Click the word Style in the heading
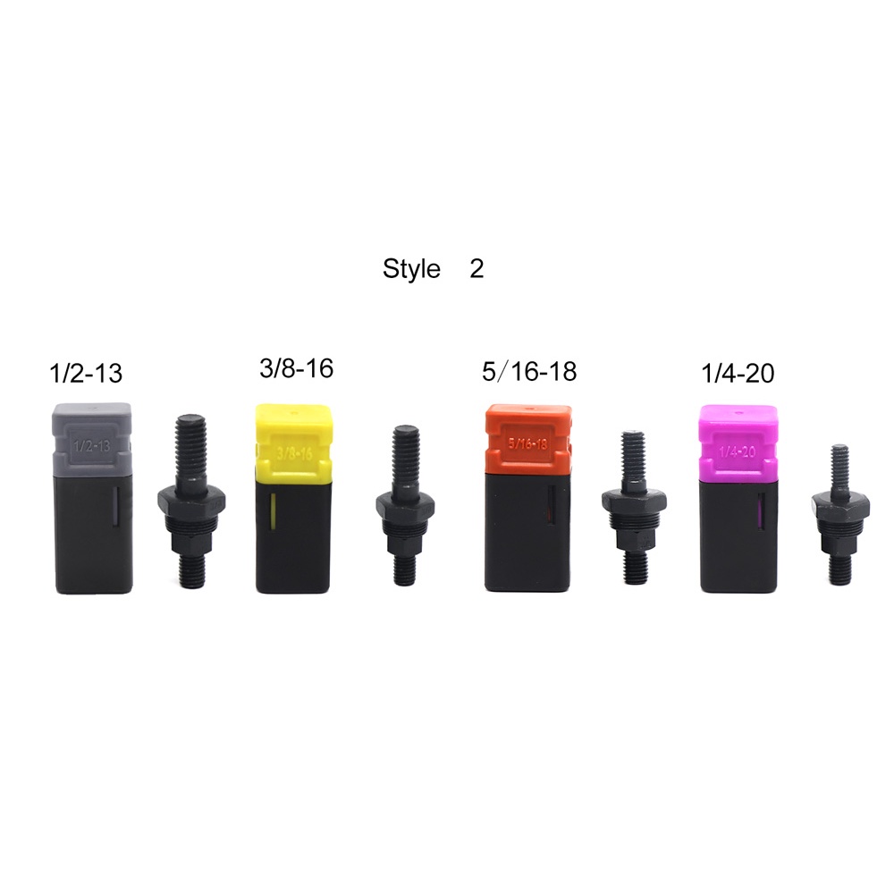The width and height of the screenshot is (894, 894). pyautogui.click(x=411, y=268)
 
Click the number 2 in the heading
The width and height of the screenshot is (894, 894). pyautogui.click(x=477, y=268)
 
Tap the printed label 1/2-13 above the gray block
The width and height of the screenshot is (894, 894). pyautogui.click(x=86, y=373)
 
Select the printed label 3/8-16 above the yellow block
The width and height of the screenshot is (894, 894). pyautogui.click(x=296, y=368)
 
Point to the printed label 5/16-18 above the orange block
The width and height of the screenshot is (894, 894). pyautogui.click(x=529, y=371)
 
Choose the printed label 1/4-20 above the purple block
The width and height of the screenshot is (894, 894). pyautogui.click(x=738, y=373)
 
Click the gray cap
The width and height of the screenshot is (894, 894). pyautogui.click(x=93, y=439)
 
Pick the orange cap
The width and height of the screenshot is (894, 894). pyautogui.click(x=528, y=437)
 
